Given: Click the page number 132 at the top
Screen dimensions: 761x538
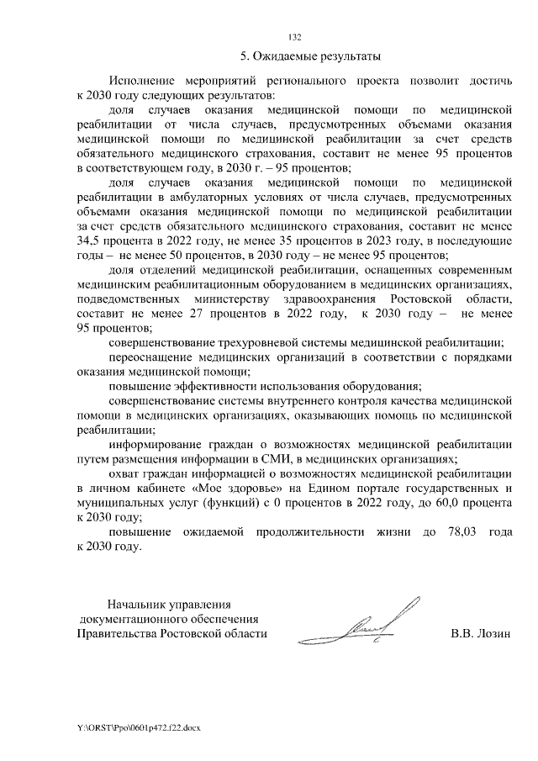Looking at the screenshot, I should (295, 37).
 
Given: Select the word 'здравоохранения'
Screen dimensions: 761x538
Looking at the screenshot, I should (321, 299).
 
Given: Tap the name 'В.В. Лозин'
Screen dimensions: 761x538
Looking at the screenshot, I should (480, 634).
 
